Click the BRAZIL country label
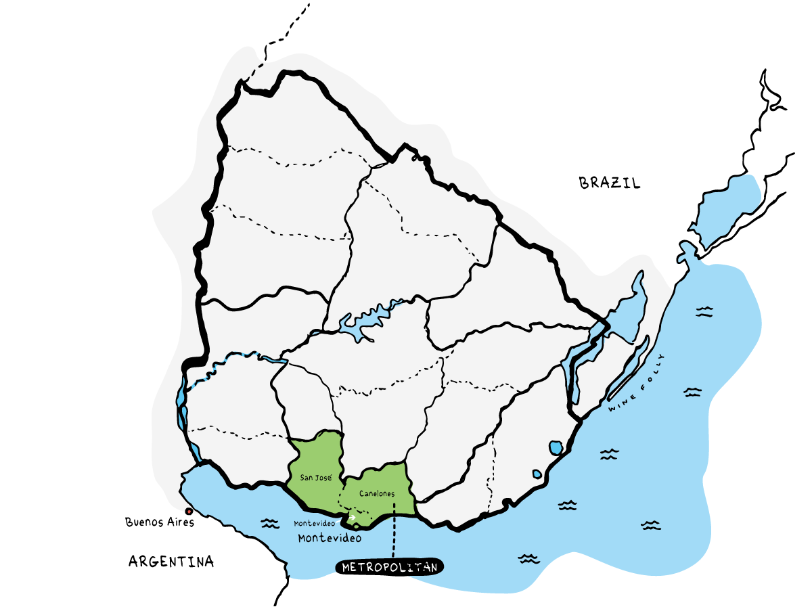click(609, 183)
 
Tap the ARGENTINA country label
click(171, 561)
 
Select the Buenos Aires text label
click(160, 522)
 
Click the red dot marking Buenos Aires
click(188, 512)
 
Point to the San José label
click(316, 478)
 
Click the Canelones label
click(378, 493)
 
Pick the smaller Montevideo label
click(315, 524)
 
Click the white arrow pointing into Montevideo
click(352, 518)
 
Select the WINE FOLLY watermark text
click(636, 386)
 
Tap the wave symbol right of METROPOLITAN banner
click(528, 558)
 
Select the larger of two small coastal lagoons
click(556, 447)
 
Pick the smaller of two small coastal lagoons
click(537, 474)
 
